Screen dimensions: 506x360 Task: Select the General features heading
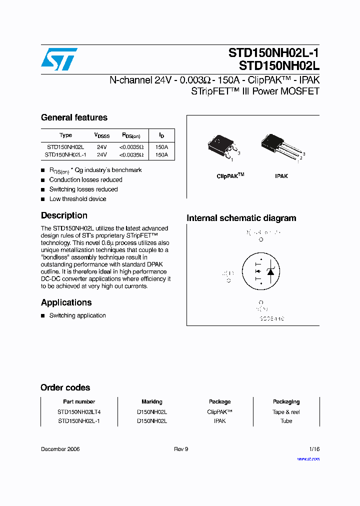point(74,117)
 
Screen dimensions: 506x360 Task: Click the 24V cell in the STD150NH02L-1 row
point(101,155)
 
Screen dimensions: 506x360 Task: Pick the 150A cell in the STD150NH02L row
point(161,147)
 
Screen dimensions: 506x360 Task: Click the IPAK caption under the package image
point(281,176)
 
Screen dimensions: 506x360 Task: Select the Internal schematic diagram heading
point(241,218)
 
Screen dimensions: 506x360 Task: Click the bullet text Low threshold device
point(77,199)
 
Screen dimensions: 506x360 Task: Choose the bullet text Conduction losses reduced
point(85,179)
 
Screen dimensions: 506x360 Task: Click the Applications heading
point(66,302)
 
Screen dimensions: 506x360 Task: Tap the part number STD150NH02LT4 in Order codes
point(79,412)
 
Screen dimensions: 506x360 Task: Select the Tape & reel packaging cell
point(286,412)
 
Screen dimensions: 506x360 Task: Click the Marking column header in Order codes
point(152,401)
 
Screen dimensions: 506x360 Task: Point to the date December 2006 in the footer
point(60,449)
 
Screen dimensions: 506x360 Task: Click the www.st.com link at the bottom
point(308,458)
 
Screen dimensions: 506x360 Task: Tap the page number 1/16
point(314,449)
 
